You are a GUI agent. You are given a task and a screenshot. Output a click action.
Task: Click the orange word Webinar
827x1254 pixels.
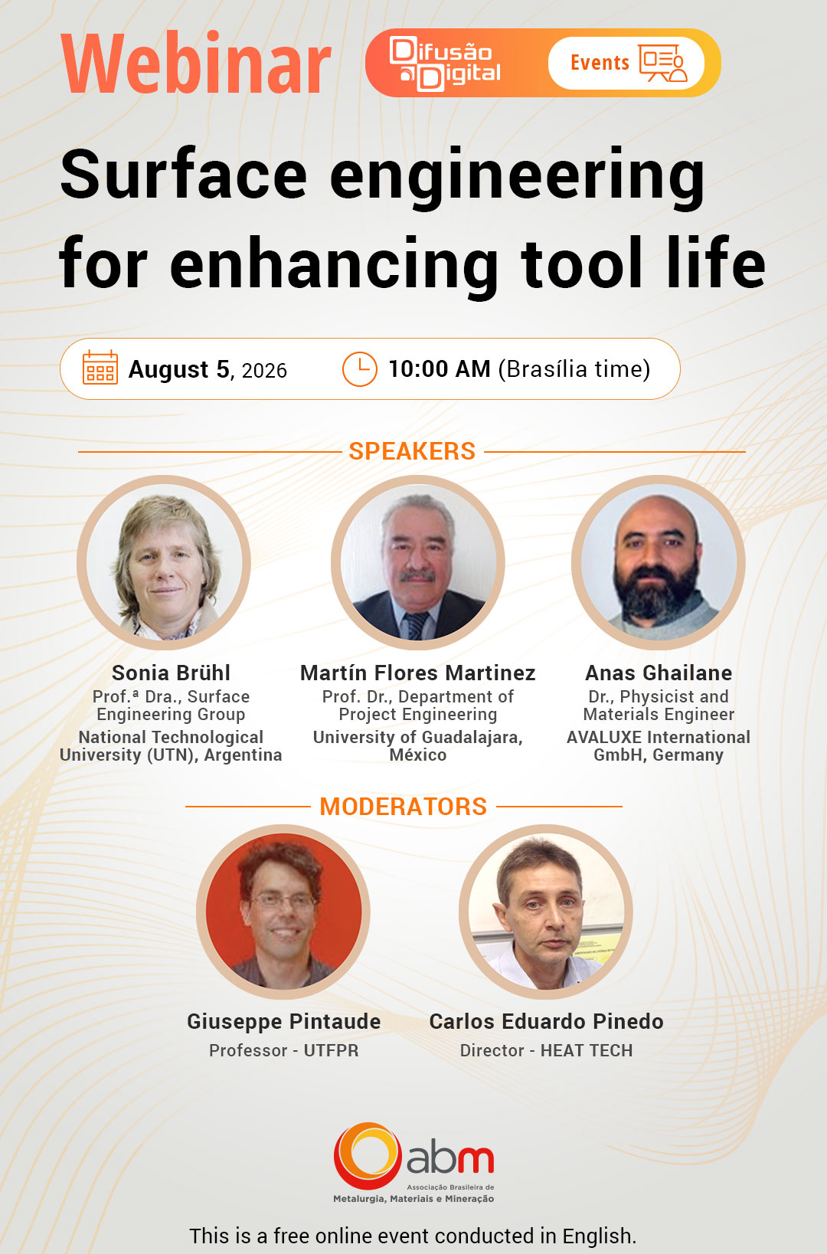[x=196, y=64]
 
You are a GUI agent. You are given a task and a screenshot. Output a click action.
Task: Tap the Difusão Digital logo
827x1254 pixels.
[x=445, y=63]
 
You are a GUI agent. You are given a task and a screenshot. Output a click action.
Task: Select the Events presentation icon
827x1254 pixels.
[x=663, y=63]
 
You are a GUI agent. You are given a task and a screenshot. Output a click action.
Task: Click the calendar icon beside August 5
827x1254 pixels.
[x=100, y=368]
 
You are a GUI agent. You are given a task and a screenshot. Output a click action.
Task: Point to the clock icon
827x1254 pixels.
[x=359, y=369]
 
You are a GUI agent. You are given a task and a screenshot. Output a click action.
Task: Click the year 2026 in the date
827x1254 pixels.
[x=264, y=371]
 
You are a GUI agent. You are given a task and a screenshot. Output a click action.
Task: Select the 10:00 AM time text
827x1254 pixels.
[x=440, y=369]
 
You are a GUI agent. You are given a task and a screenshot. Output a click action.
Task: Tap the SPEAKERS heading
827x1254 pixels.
[x=412, y=451]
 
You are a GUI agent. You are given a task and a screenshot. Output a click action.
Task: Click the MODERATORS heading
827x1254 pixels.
[x=403, y=806]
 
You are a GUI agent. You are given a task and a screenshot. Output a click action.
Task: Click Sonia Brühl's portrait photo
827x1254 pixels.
[x=164, y=562]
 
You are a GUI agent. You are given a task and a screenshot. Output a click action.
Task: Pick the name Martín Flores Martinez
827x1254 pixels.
[x=417, y=673]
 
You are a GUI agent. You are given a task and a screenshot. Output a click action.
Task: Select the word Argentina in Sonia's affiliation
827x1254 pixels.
[x=243, y=755]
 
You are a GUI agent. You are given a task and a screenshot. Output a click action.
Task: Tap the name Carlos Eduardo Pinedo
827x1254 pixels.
[x=546, y=1021]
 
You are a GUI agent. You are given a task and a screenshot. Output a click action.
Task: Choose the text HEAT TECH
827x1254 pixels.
[x=587, y=1050]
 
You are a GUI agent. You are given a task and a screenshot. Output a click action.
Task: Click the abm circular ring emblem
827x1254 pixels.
[x=368, y=1155]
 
